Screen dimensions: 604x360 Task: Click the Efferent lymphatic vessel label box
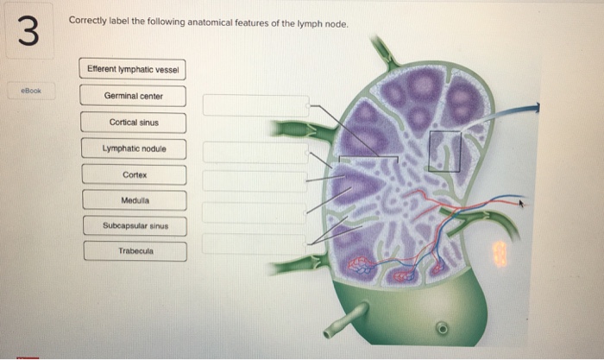[x=133, y=69]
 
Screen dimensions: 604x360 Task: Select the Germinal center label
[x=133, y=96]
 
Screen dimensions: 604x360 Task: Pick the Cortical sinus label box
[x=134, y=122]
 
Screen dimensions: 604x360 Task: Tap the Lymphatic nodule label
[x=134, y=148]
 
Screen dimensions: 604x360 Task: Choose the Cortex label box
[x=134, y=174]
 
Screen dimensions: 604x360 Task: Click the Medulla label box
[x=134, y=200]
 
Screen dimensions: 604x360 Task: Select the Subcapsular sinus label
[x=134, y=225]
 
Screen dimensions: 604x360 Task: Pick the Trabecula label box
[x=134, y=251]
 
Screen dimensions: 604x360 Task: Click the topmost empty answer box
[x=255, y=105]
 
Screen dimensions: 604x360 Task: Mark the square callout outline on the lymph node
[x=446, y=151]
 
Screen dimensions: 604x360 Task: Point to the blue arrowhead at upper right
[x=534, y=108]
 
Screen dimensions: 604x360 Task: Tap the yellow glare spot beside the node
[x=500, y=253]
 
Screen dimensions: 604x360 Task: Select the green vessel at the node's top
[x=385, y=52]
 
